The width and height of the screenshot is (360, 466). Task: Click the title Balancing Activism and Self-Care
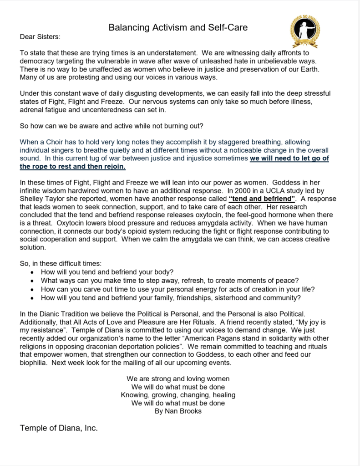[x=178, y=28]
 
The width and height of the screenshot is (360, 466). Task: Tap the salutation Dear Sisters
[x=40, y=36]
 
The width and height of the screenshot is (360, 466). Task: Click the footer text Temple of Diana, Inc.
[x=59, y=428]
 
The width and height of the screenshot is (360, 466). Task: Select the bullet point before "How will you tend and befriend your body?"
[x=31, y=272]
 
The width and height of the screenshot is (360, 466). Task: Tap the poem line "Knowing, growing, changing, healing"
[x=178, y=395]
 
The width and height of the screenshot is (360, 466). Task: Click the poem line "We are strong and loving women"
[x=178, y=379]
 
